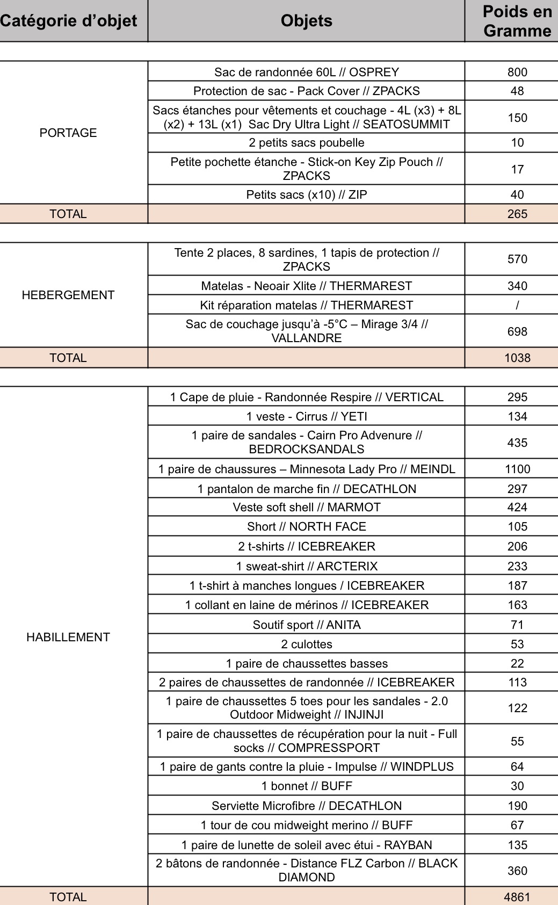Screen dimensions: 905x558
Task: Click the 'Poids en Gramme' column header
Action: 517,21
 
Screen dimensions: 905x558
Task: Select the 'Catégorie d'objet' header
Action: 69,21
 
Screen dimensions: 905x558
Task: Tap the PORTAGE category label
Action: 68,133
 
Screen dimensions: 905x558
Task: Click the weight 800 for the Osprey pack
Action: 517,72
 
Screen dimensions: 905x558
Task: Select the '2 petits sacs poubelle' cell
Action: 306,142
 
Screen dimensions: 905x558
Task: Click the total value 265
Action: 517,214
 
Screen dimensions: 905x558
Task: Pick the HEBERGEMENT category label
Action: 68,295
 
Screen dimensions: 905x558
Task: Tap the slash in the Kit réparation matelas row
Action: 517,305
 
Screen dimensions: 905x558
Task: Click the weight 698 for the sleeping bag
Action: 517,331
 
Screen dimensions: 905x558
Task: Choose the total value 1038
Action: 517,358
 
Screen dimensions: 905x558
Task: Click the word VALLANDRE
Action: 306,338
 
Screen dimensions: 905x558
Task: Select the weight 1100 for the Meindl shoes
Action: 517,469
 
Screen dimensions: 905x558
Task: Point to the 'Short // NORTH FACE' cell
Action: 306,526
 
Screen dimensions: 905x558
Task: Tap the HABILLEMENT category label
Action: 68,637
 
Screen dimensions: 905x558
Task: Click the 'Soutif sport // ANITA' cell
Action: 306,625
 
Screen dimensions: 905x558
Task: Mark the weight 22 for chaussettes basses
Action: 517,663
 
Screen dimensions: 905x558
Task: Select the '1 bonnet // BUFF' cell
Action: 306,786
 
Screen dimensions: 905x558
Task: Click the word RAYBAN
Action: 408,845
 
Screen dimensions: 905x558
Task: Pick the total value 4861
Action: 517,897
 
